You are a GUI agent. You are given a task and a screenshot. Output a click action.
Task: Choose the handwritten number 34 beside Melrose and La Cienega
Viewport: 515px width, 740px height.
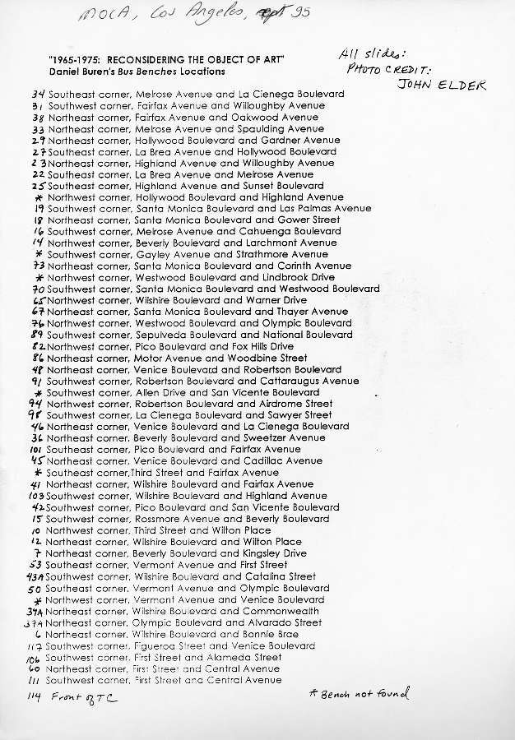(x=37, y=95)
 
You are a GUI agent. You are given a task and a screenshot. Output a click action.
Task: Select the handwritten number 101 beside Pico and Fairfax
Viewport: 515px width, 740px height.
(x=35, y=450)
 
